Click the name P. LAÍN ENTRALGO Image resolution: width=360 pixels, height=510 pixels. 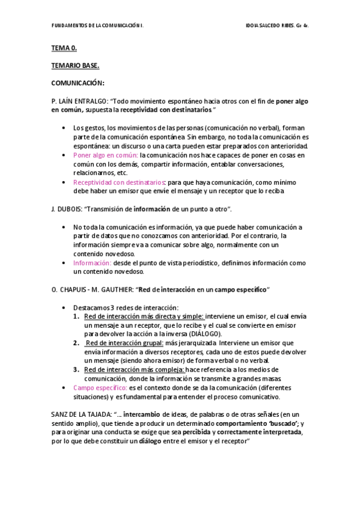pos(79,101)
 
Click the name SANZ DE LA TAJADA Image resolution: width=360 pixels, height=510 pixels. pos(81,414)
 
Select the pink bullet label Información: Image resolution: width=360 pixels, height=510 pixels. pos(92,263)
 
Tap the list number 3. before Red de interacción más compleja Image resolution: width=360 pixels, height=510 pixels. pos(76,370)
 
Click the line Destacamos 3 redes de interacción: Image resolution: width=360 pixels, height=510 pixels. pos(126,307)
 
